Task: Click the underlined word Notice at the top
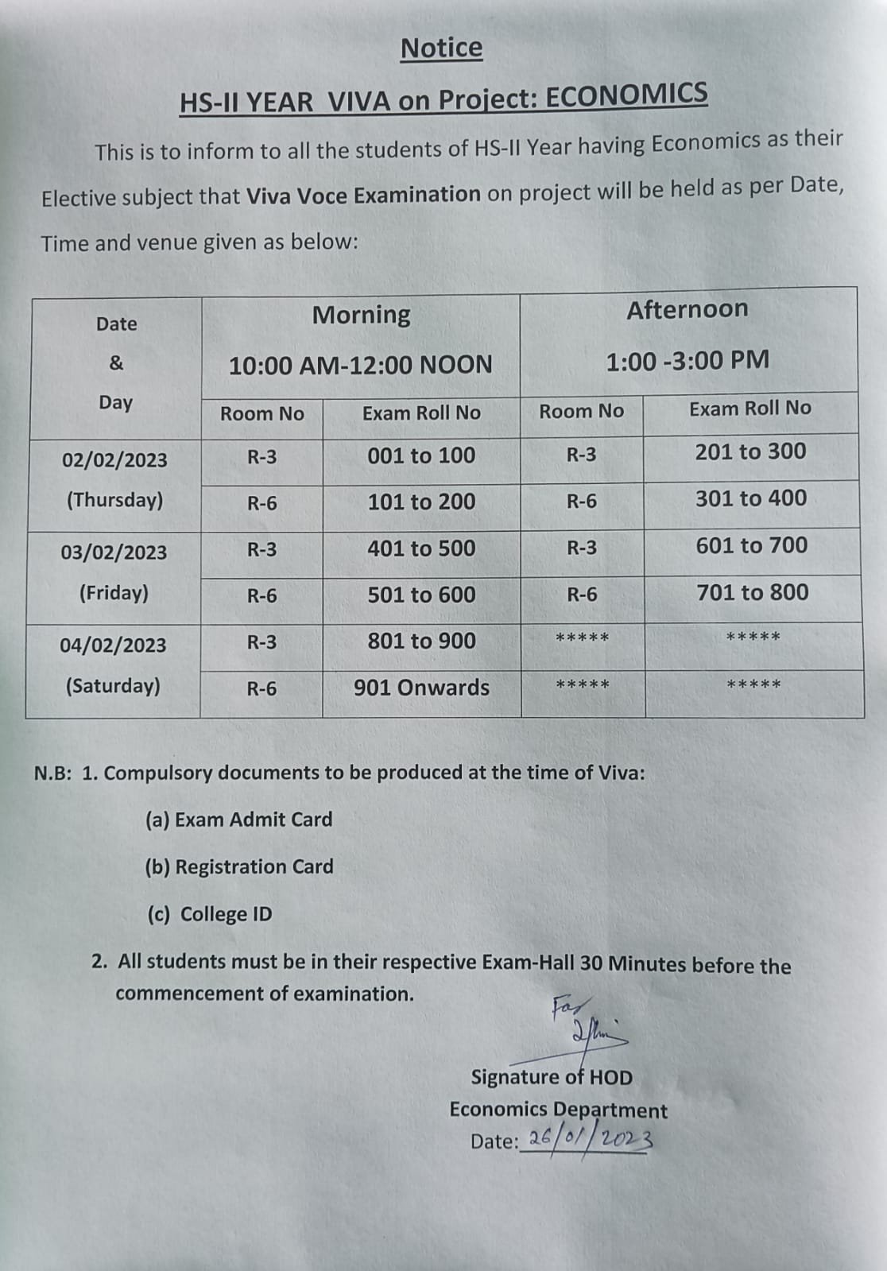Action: [441, 48]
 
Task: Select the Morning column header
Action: [361, 315]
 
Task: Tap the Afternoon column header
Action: [688, 309]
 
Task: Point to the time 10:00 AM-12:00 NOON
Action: [361, 366]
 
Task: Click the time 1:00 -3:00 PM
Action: [688, 361]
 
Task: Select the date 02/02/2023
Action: [114, 460]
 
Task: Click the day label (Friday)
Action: [114, 593]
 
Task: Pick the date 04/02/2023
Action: [113, 645]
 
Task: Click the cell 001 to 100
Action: [421, 456]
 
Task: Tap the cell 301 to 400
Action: [751, 498]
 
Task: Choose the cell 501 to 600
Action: [421, 595]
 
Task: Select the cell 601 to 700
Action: [751, 545]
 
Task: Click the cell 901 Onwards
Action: [421, 688]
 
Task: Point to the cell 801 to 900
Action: [421, 641]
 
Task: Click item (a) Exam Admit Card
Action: [238, 820]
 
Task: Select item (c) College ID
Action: [210, 914]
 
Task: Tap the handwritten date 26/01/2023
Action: [590, 1139]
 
